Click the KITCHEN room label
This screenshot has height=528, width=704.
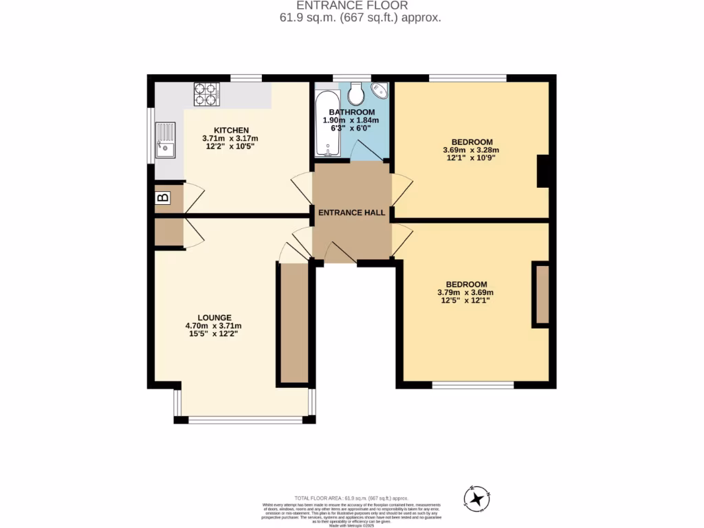click(x=231, y=130)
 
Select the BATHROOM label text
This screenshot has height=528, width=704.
click(x=351, y=112)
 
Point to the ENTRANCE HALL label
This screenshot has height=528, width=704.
click(x=351, y=213)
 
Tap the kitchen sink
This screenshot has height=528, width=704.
click(x=165, y=140)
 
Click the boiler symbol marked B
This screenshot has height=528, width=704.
click(x=163, y=198)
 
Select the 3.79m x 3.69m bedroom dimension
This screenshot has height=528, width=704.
click(x=466, y=293)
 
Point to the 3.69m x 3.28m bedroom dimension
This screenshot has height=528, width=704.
click(x=471, y=150)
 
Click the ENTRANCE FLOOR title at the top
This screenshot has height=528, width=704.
click(x=351, y=5)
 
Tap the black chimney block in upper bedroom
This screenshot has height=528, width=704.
click(x=542, y=171)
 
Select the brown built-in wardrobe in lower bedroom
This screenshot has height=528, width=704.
click(x=542, y=294)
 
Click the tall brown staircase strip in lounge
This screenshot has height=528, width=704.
click(x=294, y=323)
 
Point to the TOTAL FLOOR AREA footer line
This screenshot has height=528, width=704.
click(x=351, y=498)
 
